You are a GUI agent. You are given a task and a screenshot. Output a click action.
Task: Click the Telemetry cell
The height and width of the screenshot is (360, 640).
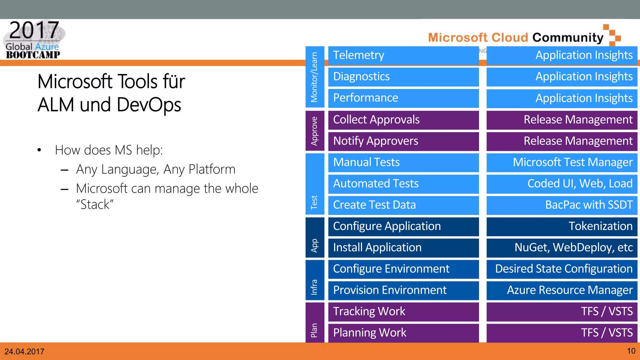[x=403, y=55]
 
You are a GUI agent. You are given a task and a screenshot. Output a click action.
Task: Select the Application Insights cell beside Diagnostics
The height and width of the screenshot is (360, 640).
[x=562, y=77]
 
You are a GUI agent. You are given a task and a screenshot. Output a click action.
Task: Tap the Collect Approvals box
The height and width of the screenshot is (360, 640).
[x=403, y=120]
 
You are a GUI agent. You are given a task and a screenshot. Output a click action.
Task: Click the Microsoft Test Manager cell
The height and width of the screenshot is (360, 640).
[x=562, y=162]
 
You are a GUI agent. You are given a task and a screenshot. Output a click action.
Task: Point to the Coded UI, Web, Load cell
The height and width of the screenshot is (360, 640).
[x=562, y=184]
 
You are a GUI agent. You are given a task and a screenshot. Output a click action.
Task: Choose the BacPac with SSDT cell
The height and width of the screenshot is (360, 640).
[x=562, y=205]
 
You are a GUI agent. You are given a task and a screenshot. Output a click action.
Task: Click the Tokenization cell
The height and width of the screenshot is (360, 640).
[x=562, y=226]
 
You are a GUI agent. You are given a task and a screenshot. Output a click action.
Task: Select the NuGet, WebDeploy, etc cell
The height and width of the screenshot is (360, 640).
[x=562, y=247]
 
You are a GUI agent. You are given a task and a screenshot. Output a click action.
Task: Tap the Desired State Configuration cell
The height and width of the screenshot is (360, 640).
[x=562, y=269]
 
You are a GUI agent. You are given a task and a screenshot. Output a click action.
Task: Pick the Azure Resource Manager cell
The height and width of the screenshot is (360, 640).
[x=562, y=290]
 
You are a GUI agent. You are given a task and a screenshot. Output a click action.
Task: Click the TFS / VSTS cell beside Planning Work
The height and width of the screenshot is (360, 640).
[x=562, y=333]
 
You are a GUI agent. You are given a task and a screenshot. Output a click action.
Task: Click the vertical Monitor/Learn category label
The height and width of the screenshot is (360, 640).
[x=314, y=77]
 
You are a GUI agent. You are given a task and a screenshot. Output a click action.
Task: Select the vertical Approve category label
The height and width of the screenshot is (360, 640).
[x=314, y=131]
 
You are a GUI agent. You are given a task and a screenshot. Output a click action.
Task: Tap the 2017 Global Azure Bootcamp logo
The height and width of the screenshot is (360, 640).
[x=34, y=40]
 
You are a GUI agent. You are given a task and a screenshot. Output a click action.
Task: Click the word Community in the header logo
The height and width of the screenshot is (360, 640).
[x=567, y=37]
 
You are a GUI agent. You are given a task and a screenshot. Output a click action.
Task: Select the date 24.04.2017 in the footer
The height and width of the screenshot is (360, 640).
[x=24, y=352]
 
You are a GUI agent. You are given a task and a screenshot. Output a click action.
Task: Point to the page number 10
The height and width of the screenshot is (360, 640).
[x=631, y=351]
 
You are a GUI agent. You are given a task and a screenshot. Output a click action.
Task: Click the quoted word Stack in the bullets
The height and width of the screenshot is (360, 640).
[x=95, y=205]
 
